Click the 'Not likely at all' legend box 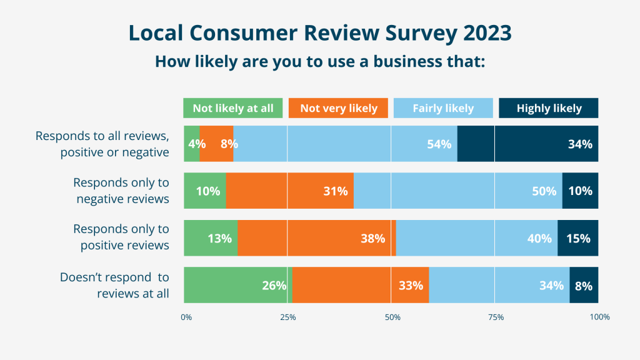tap(233, 108)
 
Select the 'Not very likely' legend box tap(339, 108)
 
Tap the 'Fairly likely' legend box tap(443, 108)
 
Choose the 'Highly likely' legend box tap(549, 108)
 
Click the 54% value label tap(439, 144)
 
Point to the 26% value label tap(274, 286)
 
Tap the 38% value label tap(372, 239)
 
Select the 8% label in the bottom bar tap(584, 286)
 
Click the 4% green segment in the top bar tap(192, 144)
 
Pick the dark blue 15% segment tap(577, 238)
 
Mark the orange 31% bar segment tap(289, 191)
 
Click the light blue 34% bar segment tap(499, 285)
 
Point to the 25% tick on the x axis tap(287, 317)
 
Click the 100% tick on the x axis tap(599, 317)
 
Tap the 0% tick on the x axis tap(186, 317)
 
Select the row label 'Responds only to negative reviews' tap(121, 191)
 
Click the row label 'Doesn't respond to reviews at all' tap(114, 285)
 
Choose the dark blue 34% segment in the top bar tap(528, 144)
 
